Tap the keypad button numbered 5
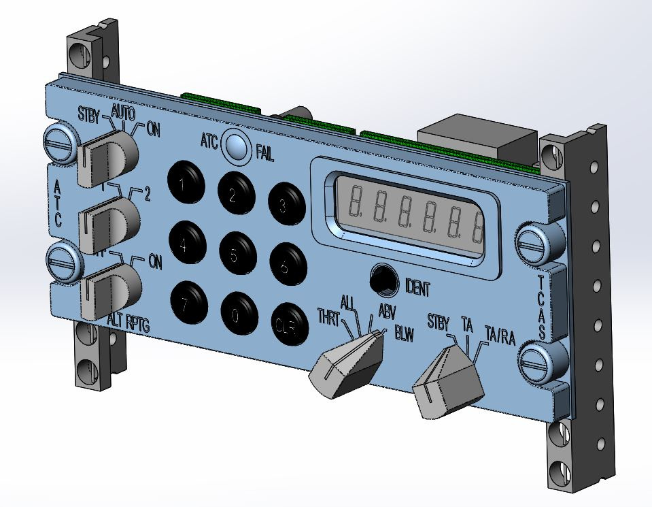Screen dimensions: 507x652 (235, 254)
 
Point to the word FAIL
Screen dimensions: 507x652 (265, 154)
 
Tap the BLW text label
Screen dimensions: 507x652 (404, 336)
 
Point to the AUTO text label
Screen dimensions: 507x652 (123, 110)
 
